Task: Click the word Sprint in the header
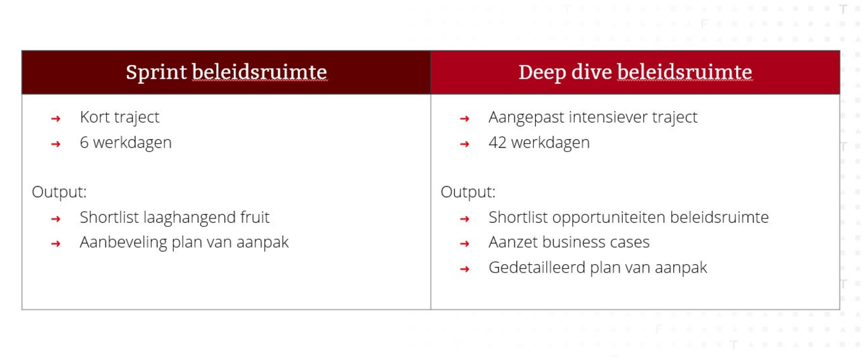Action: point(156,73)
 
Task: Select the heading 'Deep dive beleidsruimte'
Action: point(635,73)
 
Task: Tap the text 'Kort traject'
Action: point(119,117)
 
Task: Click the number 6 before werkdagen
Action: point(84,142)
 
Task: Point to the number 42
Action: point(497,142)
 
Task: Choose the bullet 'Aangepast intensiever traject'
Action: point(593,117)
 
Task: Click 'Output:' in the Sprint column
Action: point(59,192)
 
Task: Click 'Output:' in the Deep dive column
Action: point(468,192)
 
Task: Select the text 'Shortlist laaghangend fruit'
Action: point(175,218)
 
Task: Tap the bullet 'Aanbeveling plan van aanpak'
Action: point(184,243)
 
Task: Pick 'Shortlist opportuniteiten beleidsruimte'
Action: point(629,218)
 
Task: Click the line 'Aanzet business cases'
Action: point(569,243)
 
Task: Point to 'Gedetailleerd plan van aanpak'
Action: point(598,268)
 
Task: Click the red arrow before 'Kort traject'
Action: point(56,119)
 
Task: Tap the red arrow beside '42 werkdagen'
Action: point(465,144)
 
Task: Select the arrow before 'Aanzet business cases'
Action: point(465,244)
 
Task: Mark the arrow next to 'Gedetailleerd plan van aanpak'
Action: point(465,269)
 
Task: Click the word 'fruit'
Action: point(255,217)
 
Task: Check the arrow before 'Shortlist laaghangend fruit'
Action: point(56,219)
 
